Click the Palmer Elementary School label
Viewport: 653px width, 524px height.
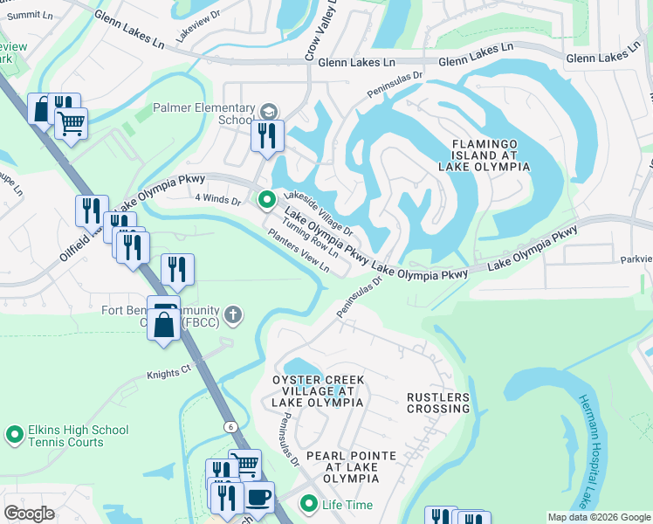pos(202,114)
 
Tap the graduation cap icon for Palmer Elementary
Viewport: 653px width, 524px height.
pos(268,111)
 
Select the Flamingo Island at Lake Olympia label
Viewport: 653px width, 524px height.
pos(490,155)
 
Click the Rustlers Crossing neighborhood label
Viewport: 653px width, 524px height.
pos(438,403)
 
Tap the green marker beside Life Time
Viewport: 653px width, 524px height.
pos(308,504)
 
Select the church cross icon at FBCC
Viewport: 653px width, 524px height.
pos(232,314)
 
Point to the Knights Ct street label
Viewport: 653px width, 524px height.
pos(168,372)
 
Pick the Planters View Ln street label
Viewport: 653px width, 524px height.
pos(299,252)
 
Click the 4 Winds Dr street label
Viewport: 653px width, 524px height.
pos(217,200)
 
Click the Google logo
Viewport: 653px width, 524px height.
pos(29,514)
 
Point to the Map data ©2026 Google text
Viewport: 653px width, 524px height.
pos(598,517)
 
